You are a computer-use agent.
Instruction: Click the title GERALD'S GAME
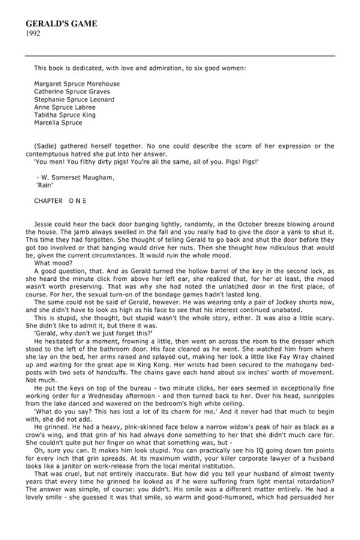pyautogui.click(x=61, y=23)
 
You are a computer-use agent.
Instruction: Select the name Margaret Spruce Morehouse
pyautogui.click(x=77, y=84)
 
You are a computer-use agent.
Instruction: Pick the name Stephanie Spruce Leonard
pyautogui.click(x=74, y=100)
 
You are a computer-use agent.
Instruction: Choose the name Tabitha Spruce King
pyautogui.click(x=65, y=115)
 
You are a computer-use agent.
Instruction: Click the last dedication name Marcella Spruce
pyautogui.click(x=59, y=123)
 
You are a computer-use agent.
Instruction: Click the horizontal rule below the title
pyautogui.click(x=180, y=56)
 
